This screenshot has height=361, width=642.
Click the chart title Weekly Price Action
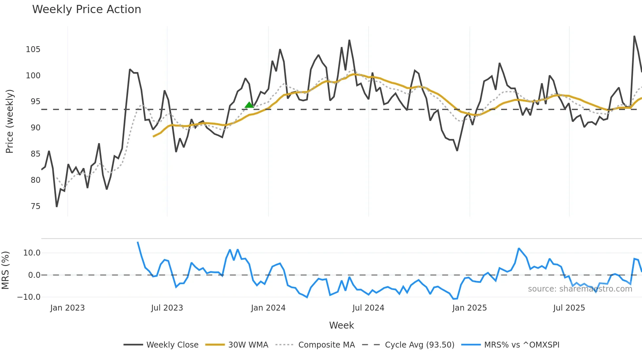pyautogui.click(x=86, y=9)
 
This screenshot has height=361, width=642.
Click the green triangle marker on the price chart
pyautogui.click(x=249, y=105)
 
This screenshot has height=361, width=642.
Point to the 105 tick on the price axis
pyautogui.click(x=33, y=49)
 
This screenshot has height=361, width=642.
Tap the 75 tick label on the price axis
pyautogui.click(x=35, y=206)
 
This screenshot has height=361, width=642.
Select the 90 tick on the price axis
pyautogui.click(x=35, y=128)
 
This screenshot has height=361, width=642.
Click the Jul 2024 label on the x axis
pyautogui.click(x=368, y=308)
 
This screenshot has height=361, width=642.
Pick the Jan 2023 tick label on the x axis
pyautogui.click(x=67, y=308)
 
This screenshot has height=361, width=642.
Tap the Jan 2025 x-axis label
pyautogui.click(x=469, y=308)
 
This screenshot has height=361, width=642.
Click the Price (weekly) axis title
pyautogui.click(x=9, y=121)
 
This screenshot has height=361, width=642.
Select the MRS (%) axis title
pyautogui.click(x=6, y=270)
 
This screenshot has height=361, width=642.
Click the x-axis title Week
pyautogui.click(x=341, y=325)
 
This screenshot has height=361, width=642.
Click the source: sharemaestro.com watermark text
pyautogui.click(x=580, y=289)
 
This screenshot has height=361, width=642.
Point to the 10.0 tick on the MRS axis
pyautogui.click(x=32, y=253)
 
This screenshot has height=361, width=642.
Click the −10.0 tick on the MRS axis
pyautogui.click(x=29, y=297)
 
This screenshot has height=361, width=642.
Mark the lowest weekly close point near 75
pyautogui.click(x=57, y=206)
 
